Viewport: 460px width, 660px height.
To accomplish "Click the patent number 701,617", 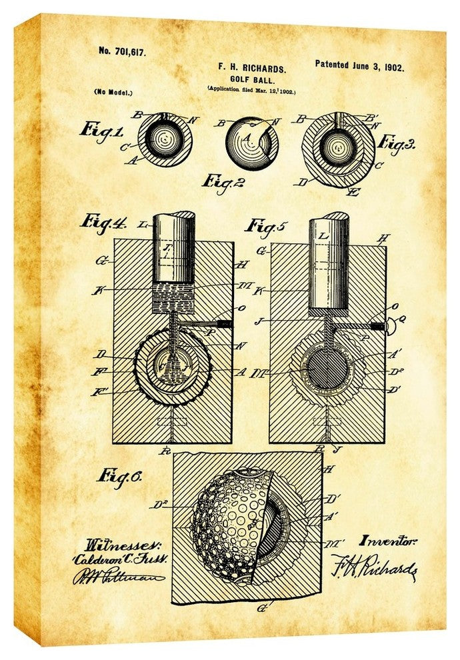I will click(x=122, y=51).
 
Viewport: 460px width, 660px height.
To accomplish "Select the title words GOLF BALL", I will click(x=251, y=78).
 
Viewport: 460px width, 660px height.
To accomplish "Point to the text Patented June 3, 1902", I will click(x=359, y=67).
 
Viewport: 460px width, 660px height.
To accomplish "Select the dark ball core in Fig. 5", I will click(x=327, y=369).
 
